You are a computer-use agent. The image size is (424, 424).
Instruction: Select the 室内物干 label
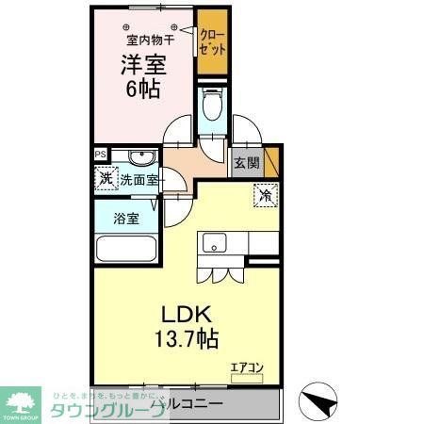pyautogui.click(x=144, y=40)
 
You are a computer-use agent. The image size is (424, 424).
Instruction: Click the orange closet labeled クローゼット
pyautogui.click(x=211, y=42)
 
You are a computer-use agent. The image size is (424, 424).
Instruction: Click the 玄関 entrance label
pyautogui.click(x=246, y=162)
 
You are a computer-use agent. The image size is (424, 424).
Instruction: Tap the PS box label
pyautogui.click(x=99, y=155)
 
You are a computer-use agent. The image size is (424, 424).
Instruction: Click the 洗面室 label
pyautogui.click(x=138, y=179)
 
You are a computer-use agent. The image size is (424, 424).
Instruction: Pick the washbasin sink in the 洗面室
pyautogui.click(x=139, y=157)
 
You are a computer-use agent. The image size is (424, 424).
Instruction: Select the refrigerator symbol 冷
pyautogui.click(x=265, y=197)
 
